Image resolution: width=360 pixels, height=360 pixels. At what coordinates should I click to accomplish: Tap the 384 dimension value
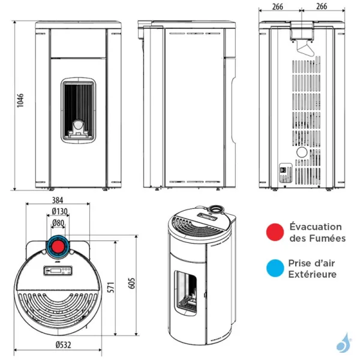pyautogui.click(x=58, y=200)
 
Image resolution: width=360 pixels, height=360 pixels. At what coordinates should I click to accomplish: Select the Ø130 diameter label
pyautogui.click(x=59, y=212)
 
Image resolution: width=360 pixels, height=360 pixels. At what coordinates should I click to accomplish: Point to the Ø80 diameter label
pyautogui.click(x=59, y=224)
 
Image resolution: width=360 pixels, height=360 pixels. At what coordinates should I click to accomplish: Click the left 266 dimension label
pyautogui.click(x=277, y=7)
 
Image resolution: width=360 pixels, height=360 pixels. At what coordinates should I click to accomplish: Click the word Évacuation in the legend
pyautogui.click(x=315, y=227)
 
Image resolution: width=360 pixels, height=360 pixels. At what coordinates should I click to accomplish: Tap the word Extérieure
pyautogui.click(x=312, y=274)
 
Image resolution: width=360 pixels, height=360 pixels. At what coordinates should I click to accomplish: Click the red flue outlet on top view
pyautogui.click(x=59, y=247)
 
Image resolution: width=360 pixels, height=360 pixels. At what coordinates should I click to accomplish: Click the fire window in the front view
pyautogui.click(x=78, y=110)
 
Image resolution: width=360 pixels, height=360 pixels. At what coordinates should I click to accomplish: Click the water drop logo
pyautogui.click(x=342, y=343)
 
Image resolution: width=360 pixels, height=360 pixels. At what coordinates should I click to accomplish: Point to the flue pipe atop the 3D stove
pyautogui.click(x=214, y=211)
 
